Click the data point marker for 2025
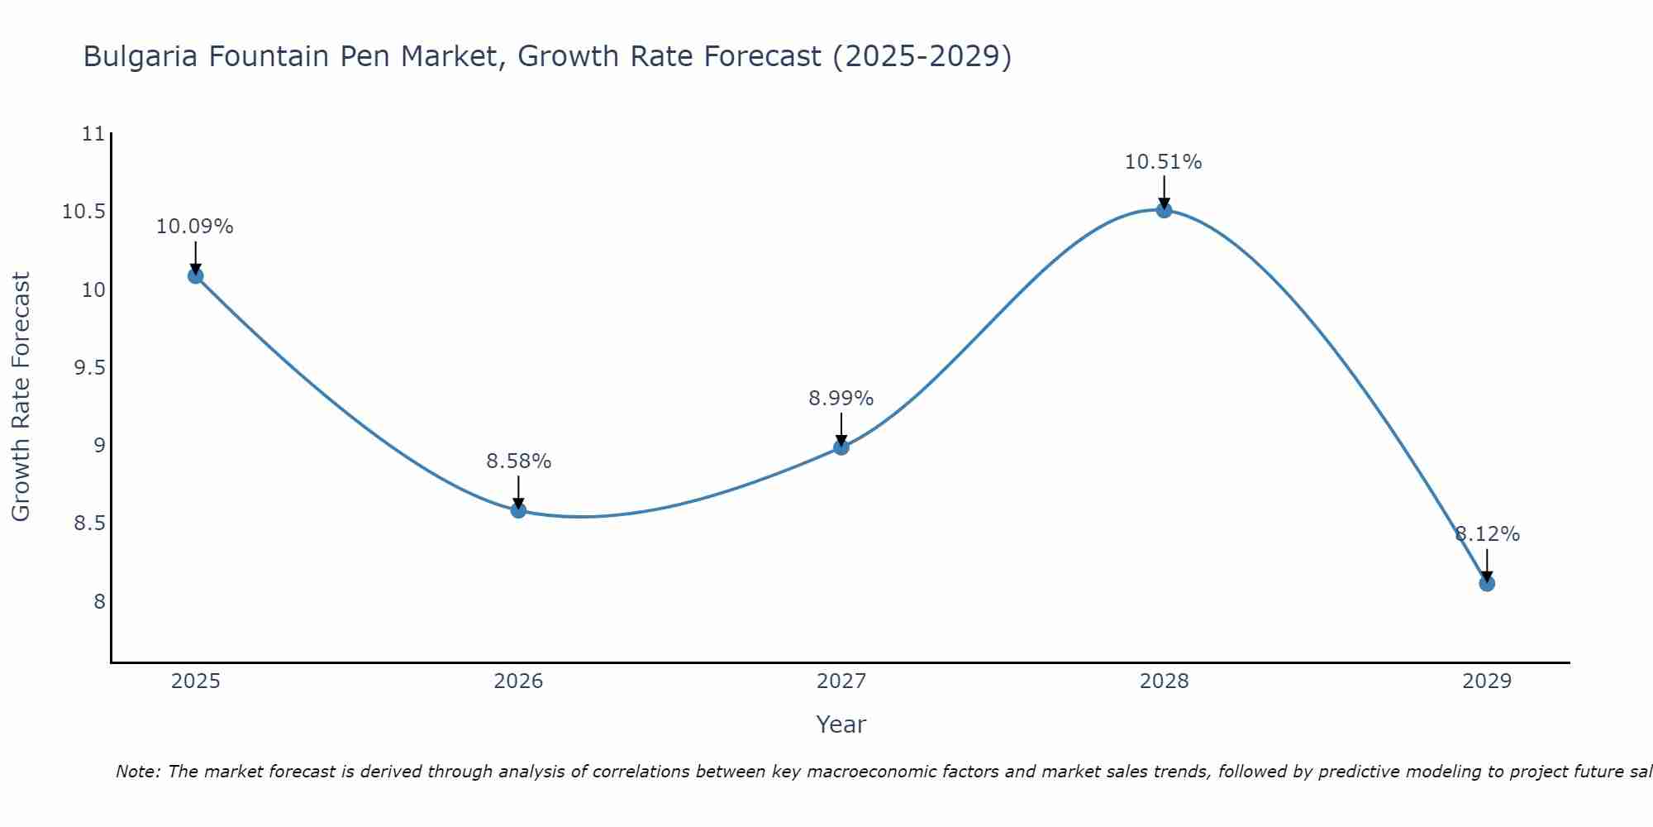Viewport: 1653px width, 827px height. point(196,275)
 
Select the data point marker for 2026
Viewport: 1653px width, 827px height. point(518,510)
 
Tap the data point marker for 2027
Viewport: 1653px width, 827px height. point(841,447)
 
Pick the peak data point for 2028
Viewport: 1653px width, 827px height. point(1164,210)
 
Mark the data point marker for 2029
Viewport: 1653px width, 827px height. point(1487,583)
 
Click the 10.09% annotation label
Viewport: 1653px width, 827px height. point(195,227)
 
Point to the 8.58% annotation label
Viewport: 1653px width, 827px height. point(518,461)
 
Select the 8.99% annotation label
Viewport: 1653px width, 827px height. point(841,399)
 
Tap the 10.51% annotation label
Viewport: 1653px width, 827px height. point(1163,162)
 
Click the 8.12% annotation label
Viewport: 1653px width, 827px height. point(1487,534)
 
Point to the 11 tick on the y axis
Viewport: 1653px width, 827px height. point(95,134)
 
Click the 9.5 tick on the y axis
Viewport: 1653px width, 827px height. point(90,368)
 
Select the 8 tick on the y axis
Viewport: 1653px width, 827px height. point(100,601)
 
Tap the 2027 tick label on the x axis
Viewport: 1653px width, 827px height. point(841,681)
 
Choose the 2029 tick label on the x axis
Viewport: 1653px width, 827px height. point(1487,681)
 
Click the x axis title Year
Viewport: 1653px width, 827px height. point(841,724)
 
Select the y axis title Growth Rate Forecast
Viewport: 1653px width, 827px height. point(21,397)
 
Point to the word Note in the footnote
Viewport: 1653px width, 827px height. point(137,772)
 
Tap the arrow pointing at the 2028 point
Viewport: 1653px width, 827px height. point(1164,192)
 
